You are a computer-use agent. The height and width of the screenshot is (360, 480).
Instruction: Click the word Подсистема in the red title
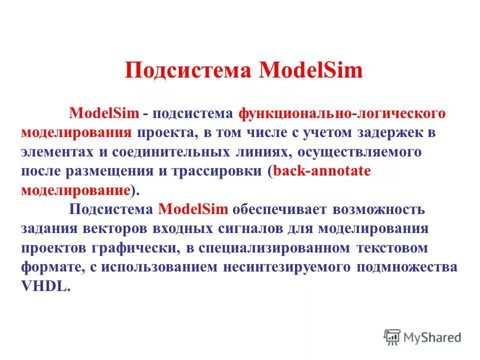187,70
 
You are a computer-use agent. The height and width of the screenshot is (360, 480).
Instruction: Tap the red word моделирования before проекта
76,132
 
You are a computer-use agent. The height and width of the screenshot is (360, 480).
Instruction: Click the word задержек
380,132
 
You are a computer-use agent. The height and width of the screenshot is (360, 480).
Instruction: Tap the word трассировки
217,171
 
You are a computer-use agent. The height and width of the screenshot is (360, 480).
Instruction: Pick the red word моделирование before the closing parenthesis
75,190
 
